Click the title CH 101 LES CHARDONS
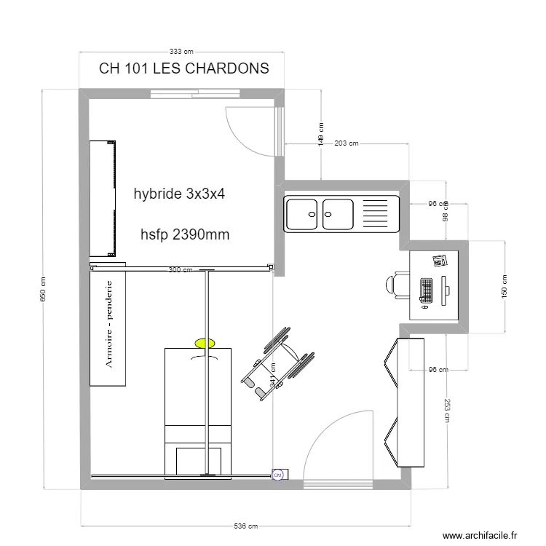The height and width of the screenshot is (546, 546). coord(183,68)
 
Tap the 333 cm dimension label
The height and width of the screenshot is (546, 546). coord(181,52)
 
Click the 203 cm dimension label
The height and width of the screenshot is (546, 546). coord(347,143)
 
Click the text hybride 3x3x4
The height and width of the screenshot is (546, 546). coord(180,194)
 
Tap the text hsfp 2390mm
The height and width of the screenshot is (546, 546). coord(185,234)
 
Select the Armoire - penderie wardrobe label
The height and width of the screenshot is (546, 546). coord(108,325)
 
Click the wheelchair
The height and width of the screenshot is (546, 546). coord(279,363)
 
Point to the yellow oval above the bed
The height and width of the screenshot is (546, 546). coord(205,341)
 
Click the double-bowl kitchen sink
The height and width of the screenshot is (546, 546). coord(320,214)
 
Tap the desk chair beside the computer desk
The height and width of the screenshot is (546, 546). coord(399,285)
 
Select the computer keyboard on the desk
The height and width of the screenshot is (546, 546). coord(426,291)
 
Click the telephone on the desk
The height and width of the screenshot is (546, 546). coord(439,261)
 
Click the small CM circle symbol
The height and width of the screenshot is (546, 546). coord(277,475)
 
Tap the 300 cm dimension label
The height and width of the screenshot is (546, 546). coord(181,270)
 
